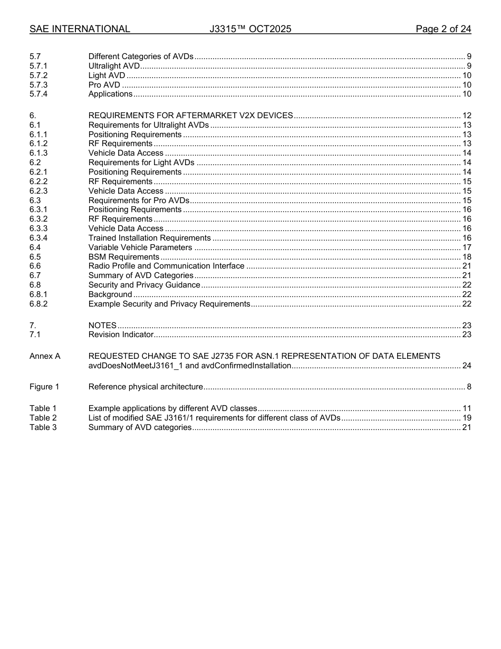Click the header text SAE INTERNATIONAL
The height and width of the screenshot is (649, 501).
click(x=80, y=29)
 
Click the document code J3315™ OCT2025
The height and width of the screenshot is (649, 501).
click(x=250, y=29)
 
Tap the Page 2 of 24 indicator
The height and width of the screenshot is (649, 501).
click(x=443, y=29)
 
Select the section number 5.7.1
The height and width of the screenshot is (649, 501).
click(x=38, y=66)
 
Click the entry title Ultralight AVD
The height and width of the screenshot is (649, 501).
click(x=114, y=66)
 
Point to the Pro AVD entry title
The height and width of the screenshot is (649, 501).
click(x=104, y=85)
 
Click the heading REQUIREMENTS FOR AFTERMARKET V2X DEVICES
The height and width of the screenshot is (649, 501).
click(x=190, y=116)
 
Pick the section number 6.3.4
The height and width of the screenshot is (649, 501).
click(x=38, y=238)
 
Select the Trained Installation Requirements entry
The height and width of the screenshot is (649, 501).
click(x=149, y=238)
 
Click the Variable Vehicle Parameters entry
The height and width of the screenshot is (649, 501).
click(x=140, y=247)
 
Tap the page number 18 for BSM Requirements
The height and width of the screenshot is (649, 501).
click(x=466, y=257)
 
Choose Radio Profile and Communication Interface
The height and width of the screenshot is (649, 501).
click(x=166, y=266)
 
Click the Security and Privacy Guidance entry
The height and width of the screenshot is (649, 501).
click(x=144, y=285)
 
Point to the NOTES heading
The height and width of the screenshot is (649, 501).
click(x=102, y=326)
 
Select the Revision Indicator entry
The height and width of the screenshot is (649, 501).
click(x=121, y=335)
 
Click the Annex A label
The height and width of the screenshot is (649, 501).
click(x=45, y=356)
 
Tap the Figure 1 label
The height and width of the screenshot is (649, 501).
click(x=44, y=387)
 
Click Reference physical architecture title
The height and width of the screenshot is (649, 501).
click(x=146, y=387)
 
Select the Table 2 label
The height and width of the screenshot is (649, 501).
click(x=43, y=418)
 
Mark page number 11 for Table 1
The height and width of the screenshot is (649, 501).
click(x=466, y=408)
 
